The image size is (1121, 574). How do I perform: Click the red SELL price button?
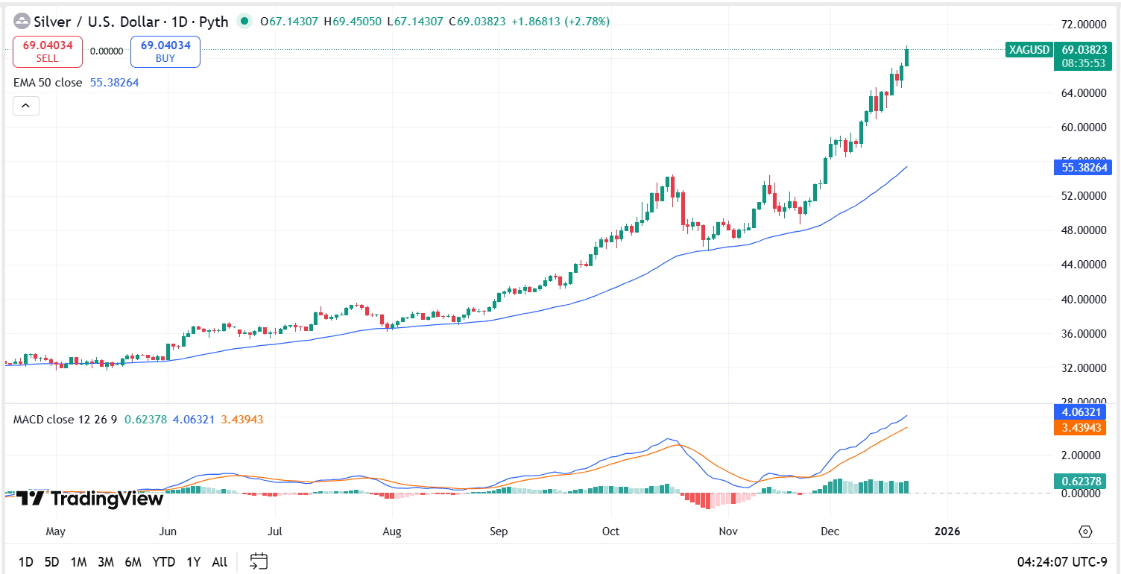pyautogui.click(x=48, y=51)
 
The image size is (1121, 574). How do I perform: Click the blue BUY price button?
pyautogui.click(x=165, y=51)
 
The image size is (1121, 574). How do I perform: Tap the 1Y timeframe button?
pyautogui.click(x=194, y=562)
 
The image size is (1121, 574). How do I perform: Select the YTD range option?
pyautogui.click(x=164, y=562)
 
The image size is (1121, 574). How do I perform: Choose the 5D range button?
pyautogui.click(x=51, y=562)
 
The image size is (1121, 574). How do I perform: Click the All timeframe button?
pyautogui.click(x=219, y=562)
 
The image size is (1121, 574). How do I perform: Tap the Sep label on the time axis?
pyautogui.click(x=499, y=532)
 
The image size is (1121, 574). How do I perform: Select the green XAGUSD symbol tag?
pyautogui.click(x=1029, y=50)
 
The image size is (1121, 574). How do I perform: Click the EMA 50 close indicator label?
pyautogui.click(x=48, y=83)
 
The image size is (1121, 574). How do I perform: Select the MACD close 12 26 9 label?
pyautogui.click(x=66, y=420)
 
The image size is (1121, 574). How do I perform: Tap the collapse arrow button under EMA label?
pyautogui.click(x=26, y=106)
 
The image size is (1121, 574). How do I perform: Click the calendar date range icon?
pyautogui.click(x=259, y=561)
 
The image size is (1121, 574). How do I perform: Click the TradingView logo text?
pyautogui.click(x=89, y=499)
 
